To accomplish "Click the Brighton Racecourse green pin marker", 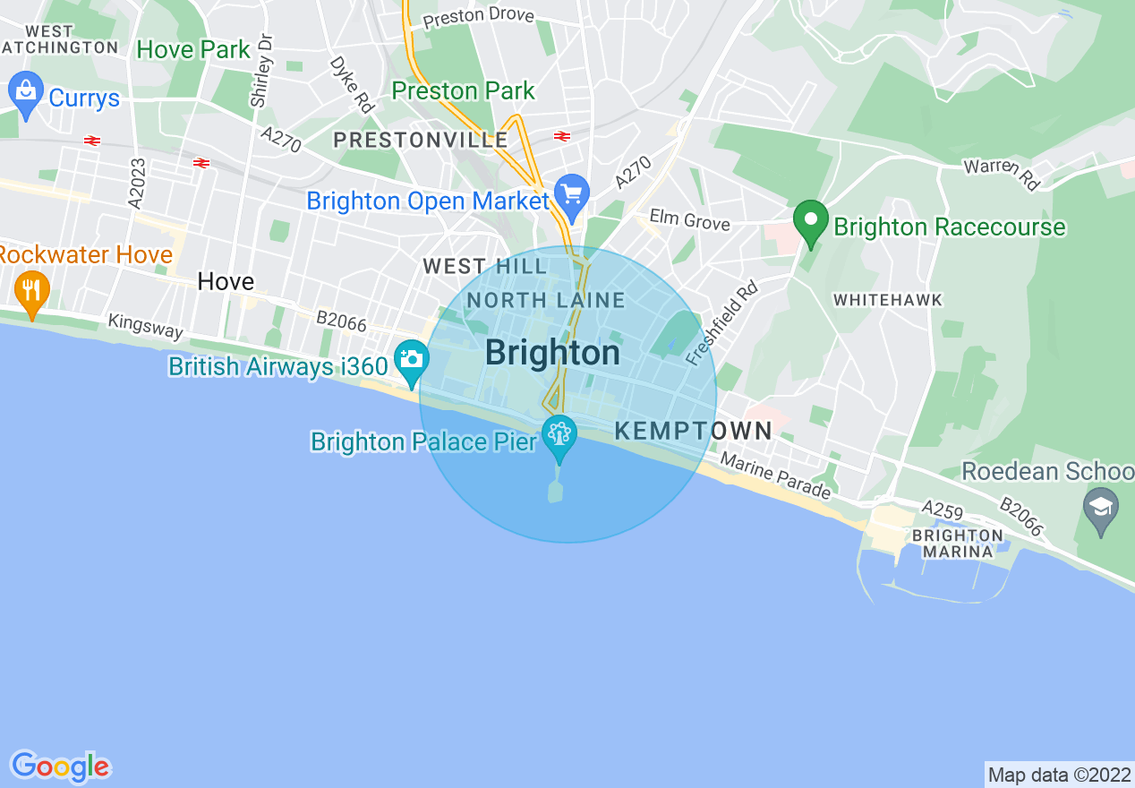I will (x=811, y=224).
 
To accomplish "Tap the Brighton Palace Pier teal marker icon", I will (x=559, y=437).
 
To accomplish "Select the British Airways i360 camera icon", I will (x=411, y=361).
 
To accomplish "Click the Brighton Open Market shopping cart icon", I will (x=570, y=194).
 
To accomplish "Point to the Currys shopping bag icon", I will (x=25, y=93).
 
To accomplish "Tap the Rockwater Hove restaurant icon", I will (x=32, y=291).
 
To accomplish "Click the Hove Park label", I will (x=193, y=50).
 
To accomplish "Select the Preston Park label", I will (x=464, y=91).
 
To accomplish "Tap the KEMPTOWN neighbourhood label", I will (x=694, y=431).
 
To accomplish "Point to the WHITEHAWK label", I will (x=887, y=301).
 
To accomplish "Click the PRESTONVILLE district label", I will (x=421, y=141).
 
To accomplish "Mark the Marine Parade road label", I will (x=775, y=476).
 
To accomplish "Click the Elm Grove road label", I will (x=690, y=221).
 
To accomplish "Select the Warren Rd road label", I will (x=1002, y=174).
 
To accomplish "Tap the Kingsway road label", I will (x=145, y=326).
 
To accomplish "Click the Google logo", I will (x=60, y=766).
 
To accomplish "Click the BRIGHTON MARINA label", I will (x=957, y=544).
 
